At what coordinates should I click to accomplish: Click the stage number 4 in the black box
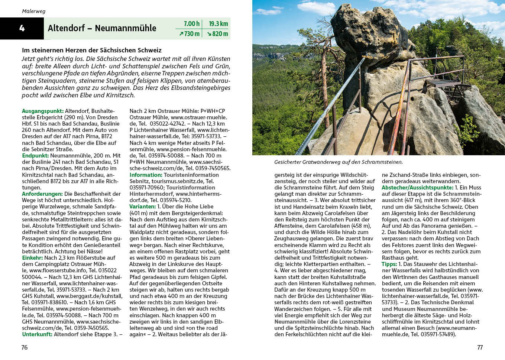tap(22, 28)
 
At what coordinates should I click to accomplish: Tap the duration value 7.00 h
tap(191, 24)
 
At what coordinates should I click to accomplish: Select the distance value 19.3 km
tap(218, 24)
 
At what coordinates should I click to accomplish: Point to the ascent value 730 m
tap(189, 34)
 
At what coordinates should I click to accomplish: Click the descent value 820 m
tap(217, 34)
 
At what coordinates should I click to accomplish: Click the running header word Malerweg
tap(33, 11)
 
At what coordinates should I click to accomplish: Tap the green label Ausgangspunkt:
tap(43, 111)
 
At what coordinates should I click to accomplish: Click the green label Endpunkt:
tap(35, 156)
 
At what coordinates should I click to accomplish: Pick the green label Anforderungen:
tap(42, 194)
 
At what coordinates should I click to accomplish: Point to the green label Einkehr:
tap(32, 257)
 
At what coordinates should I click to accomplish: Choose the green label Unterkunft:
tap(37, 334)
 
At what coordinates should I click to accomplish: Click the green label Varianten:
tap(142, 207)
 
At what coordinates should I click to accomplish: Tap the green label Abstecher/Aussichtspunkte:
tap(417, 188)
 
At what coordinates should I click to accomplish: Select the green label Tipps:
tap(389, 264)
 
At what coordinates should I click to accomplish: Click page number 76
tap(25, 347)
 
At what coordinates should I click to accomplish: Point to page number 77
tap(480, 347)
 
